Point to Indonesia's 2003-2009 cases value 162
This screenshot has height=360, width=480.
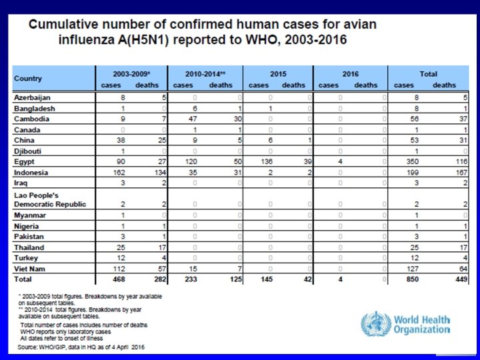tap(120, 171)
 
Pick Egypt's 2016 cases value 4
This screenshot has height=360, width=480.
tap(340, 162)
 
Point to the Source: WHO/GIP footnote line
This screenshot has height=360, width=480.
tap(80, 347)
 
